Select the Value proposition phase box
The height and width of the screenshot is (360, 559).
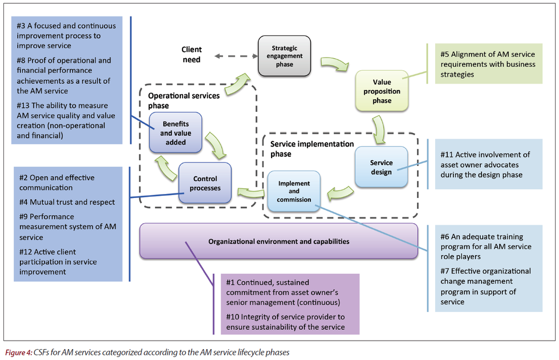382,91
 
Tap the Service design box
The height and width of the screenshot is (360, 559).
381,167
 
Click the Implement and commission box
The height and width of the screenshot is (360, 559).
294,192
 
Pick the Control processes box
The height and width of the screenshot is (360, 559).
204,183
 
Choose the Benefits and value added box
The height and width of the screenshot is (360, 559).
176,132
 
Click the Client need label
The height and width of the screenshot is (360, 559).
192,55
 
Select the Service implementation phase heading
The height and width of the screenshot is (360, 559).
311,149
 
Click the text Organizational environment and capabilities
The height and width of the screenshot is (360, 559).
278,241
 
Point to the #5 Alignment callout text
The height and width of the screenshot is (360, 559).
488,64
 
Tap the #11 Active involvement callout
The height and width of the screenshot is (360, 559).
485,164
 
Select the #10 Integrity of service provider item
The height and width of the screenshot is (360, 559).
285,321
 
